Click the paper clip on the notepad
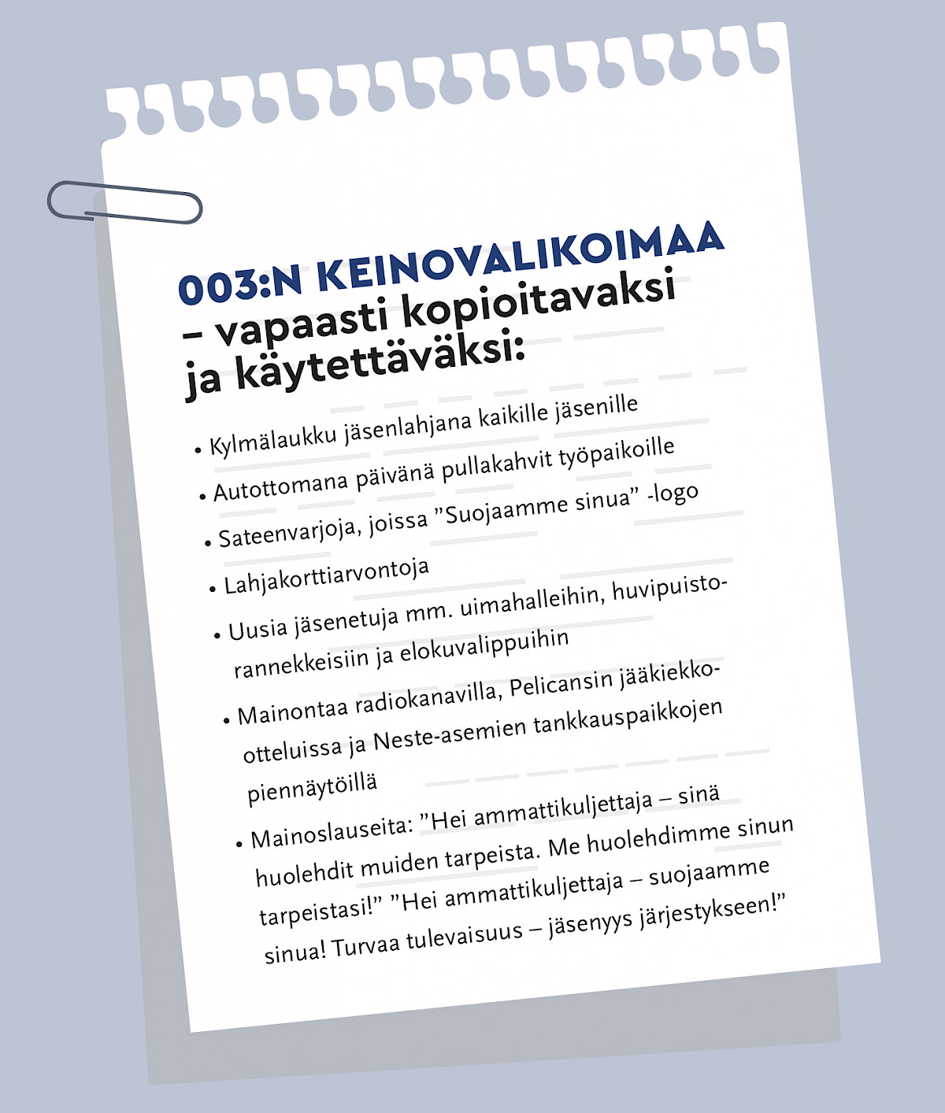pos(124,202)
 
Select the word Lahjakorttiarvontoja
pos(326,576)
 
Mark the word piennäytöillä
pos(313,786)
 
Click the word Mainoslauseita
pos(332,831)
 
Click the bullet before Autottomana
pos(202,497)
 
